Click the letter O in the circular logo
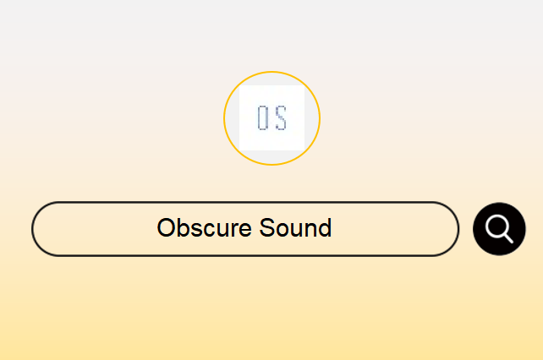point(262,118)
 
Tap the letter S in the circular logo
point(281,118)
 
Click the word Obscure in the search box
point(205,228)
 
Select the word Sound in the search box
point(295,228)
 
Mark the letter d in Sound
point(325,228)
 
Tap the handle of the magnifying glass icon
point(508,238)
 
